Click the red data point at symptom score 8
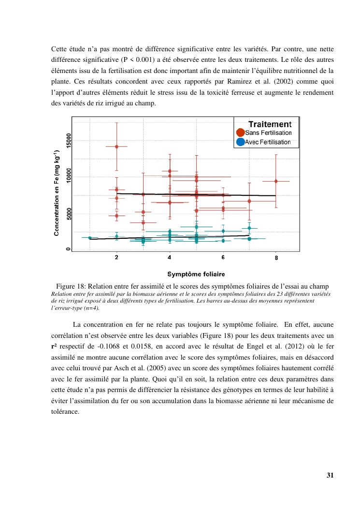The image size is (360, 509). pyautogui.click(x=276, y=181)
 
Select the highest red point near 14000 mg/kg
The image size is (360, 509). pyautogui.click(x=116, y=146)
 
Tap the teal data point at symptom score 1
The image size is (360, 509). pyautogui.click(x=90, y=238)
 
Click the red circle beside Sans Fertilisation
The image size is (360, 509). pyautogui.click(x=240, y=132)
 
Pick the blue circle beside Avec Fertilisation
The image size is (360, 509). pyautogui.click(x=240, y=142)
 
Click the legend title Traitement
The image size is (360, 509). pyautogui.click(x=270, y=124)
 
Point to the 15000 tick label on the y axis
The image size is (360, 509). pyautogui.click(x=69, y=141)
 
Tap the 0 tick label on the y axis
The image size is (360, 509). pyautogui.click(x=69, y=249)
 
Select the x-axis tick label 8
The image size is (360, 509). pyautogui.click(x=276, y=258)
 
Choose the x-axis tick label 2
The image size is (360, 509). pyautogui.click(x=116, y=258)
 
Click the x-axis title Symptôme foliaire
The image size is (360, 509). pyautogui.click(x=196, y=274)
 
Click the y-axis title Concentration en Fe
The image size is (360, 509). pyautogui.click(x=57, y=193)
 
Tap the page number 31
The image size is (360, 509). pyautogui.click(x=330, y=475)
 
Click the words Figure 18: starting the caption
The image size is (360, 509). pyautogui.click(x=72, y=287)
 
